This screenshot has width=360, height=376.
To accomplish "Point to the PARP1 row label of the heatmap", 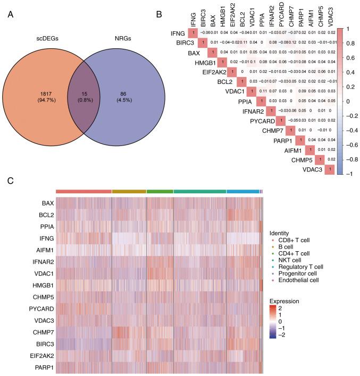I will pyautogui.click(x=43, y=366).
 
